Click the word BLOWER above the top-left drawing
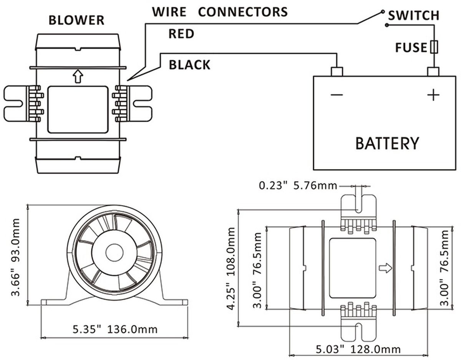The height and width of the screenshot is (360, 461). tap(76, 20)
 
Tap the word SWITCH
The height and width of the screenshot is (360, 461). tap(413, 16)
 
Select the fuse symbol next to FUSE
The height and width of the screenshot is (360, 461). tap(434, 47)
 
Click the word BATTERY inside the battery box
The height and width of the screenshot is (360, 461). tap(387, 143)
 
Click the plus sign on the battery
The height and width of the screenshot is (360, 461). tap(433, 95)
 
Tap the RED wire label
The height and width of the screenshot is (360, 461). tap(182, 34)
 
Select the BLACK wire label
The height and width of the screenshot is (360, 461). tap(190, 65)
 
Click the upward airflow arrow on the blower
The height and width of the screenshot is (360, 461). tap(78, 76)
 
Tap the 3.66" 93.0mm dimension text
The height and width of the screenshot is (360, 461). tap(16, 258)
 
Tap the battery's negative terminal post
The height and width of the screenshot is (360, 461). tap(337, 71)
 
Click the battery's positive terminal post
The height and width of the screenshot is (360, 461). tap(434, 71)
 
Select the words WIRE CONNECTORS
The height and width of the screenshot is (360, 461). tap(220, 12)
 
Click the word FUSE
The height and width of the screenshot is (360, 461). tap(411, 48)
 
